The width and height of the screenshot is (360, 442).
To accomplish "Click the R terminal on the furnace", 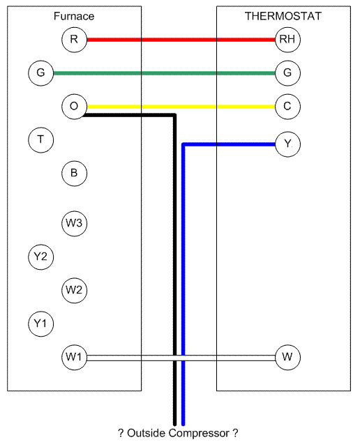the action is pyautogui.click(x=74, y=40).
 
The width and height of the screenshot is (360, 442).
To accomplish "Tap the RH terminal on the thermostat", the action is pyautogui.click(x=287, y=40).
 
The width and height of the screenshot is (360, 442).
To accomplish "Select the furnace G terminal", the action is pyautogui.click(x=41, y=73).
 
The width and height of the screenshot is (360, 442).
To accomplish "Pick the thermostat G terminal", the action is pyautogui.click(x=287, y=73).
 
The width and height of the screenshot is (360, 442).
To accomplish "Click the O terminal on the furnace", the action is pyautogui.click(x=74, y=107).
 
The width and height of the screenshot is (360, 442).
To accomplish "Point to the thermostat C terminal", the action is pyautogui.click(x=287, y=107).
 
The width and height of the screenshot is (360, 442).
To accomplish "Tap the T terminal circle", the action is pyautogui.click(x=41, y=140).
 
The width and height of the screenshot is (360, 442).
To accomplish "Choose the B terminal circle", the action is pyautogui.click(x=74, y=174).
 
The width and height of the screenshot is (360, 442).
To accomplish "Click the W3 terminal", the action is pyautogui.click(x=74, y=224).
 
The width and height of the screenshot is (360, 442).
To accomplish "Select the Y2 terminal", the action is pyautogui.click(x=41, y=257).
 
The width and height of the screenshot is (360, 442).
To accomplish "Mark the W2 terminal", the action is pyautogui.click(x=74, y=290).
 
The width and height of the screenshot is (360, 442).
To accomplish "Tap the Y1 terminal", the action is pyautogui.click(x=41, y=324).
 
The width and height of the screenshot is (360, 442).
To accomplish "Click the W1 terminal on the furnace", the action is pyautogui.click(x=74, y=358).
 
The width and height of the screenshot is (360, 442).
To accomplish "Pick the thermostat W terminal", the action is pyautogui.click(x=287, y=358).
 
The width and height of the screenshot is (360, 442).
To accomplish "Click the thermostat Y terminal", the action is pyautogui.click(x=287, y=144).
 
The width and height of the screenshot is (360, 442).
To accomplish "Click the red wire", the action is pyautogui.click(x=181, y=40).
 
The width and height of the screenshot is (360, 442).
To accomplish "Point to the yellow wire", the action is pyautogui.click(x=181, y=107).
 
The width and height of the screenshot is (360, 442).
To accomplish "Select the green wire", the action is pyautogui.click(x=164, y=73).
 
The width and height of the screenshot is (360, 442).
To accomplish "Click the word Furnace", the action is pyautogui.click(x=74, y=16).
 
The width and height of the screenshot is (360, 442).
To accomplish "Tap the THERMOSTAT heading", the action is pyautogui.click(x=283, y=16).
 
